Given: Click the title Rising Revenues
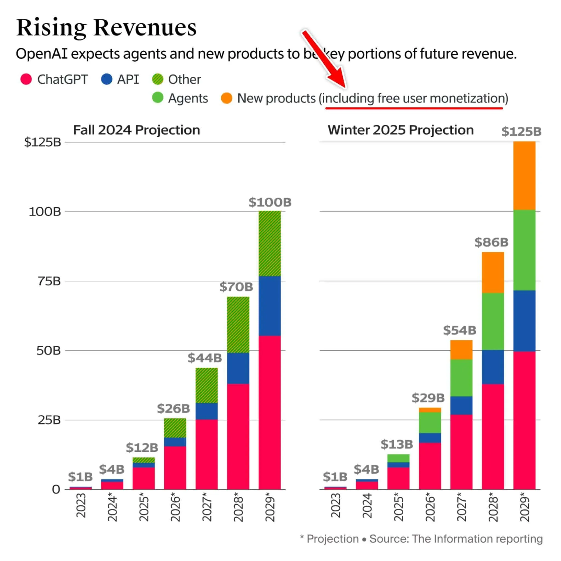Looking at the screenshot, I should (x=106, y=28).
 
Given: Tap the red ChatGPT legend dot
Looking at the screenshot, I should (x=26, y=79).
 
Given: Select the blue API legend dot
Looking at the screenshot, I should (x=107, y=79).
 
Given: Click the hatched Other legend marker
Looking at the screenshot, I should (x=158, y=79).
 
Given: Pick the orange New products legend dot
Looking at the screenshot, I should (x=227, y=98).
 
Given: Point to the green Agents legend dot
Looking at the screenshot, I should (x=158, y=98).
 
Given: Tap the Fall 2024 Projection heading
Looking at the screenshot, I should (x=136, y=130).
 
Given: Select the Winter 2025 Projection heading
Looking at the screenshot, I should (x=401, y=130).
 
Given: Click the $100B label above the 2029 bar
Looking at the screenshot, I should (x=270, y=202).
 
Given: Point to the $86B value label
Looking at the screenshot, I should (x=491, y=242).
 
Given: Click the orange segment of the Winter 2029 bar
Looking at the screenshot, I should (x=524, y=176).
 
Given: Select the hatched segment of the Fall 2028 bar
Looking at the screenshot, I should (x=238, y=325).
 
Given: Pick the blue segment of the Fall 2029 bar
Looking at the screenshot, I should (x=270, y=306).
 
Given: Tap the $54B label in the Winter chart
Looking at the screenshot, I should (x=460, y=330).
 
